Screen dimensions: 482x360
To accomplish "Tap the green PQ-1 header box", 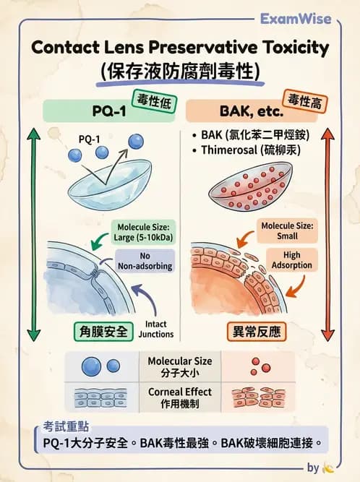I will [x=101, y=111].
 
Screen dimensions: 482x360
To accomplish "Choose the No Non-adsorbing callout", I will [x=145, y=261].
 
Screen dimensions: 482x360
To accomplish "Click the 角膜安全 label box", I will [x=103, y=331].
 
